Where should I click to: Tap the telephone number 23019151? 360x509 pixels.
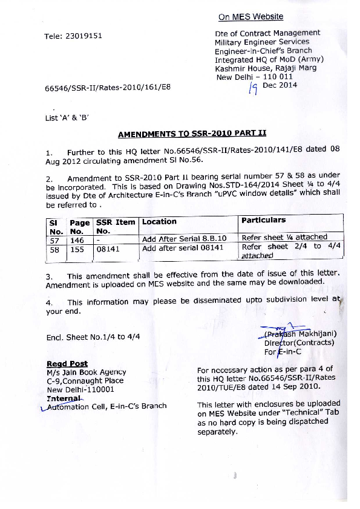(x=81, y=36)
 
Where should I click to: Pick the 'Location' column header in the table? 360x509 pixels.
(x=159, y=222)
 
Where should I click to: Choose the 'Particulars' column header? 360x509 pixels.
(x=263, y=220)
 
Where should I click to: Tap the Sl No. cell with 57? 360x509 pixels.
(x=54, y=239)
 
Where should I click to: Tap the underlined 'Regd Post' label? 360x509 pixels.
(x=67, y=363)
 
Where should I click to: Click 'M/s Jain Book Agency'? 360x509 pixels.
(x=86, y=372)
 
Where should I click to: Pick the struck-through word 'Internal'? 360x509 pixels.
(x=64, y=398)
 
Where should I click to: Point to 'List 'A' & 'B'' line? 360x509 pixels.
(x=67, y=118)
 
